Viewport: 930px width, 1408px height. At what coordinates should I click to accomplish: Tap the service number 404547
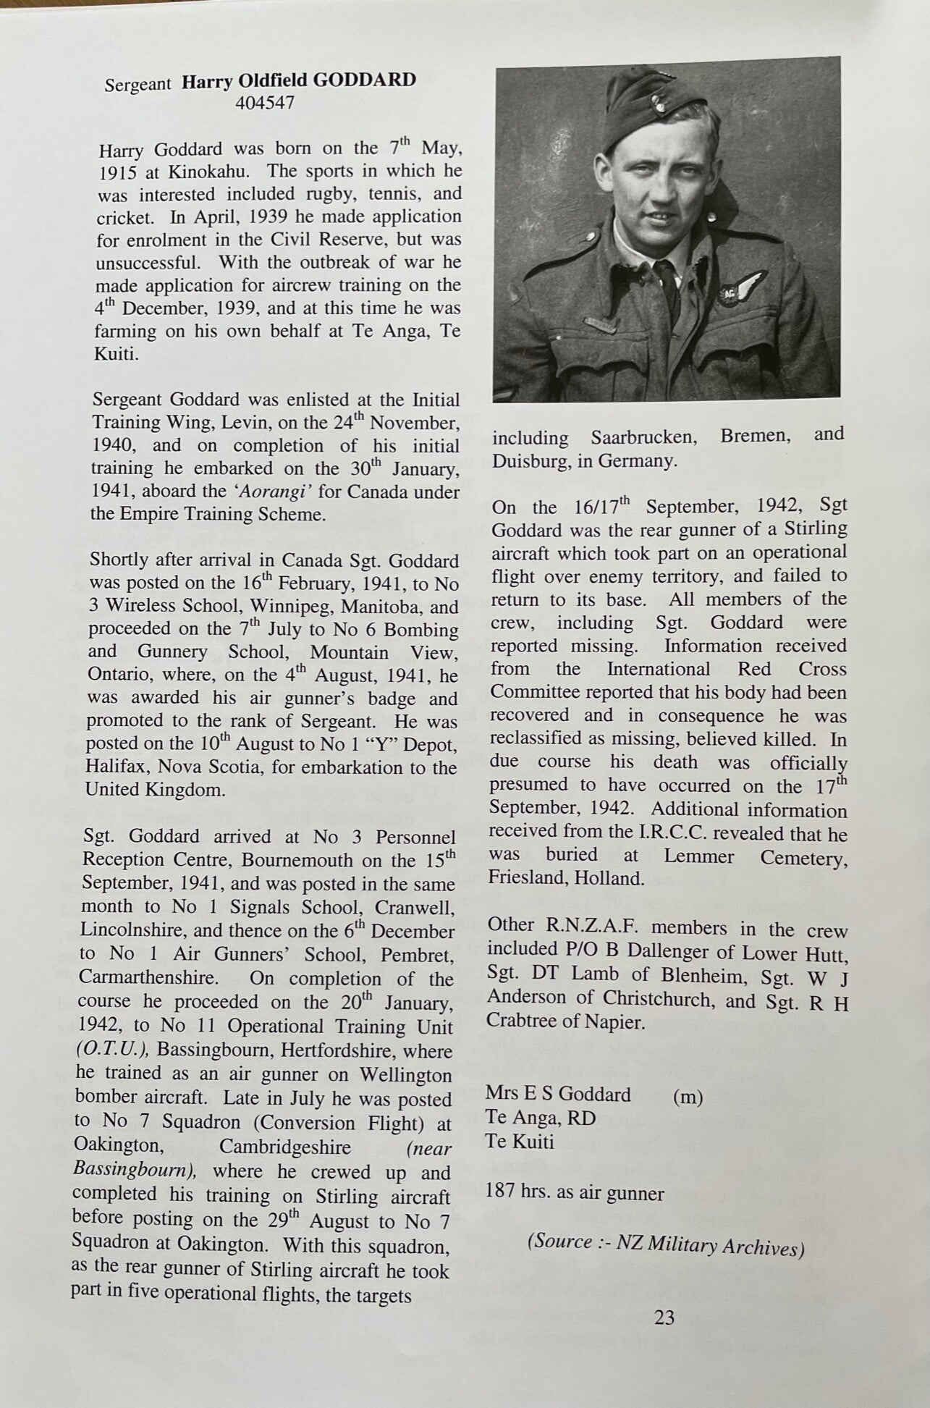265,103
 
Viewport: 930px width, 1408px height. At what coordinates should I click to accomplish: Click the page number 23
664,1318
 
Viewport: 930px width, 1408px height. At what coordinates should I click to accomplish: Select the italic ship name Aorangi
270,492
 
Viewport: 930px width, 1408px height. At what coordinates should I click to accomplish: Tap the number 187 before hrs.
500,1193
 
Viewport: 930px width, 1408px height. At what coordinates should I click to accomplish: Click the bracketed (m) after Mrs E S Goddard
688,1097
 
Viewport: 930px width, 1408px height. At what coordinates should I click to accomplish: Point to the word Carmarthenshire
147,977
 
